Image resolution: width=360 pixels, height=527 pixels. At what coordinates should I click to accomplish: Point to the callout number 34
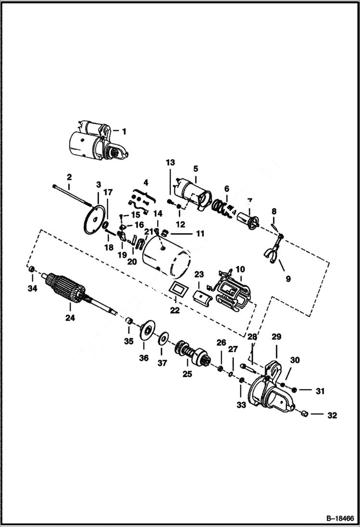(x=32, y=288)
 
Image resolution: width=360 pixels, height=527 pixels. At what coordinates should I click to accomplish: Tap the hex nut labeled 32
(x=304, y=414)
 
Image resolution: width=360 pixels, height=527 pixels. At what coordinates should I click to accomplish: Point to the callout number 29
(x=276, y=337)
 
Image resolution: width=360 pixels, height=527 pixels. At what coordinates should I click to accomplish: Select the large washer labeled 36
(x=146, y=332)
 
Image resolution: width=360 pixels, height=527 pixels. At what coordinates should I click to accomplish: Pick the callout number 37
(x=162, y=363)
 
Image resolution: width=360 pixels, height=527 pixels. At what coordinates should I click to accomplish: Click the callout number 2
(x=69, y=177)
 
